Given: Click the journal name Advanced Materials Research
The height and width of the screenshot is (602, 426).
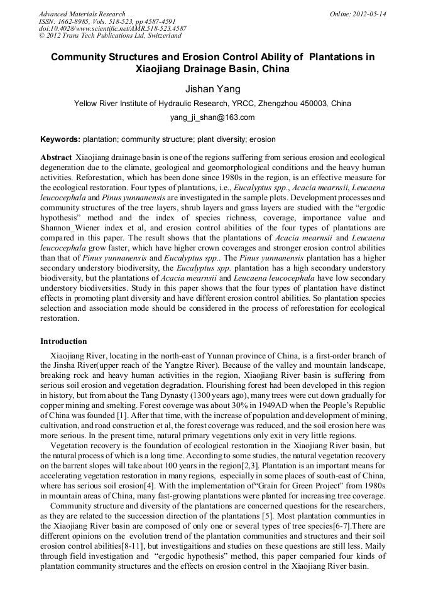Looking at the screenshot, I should coord(82,14).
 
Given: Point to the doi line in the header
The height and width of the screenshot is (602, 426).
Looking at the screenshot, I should coord(112,29).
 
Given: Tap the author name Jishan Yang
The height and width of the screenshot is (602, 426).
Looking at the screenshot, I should coord(212,89).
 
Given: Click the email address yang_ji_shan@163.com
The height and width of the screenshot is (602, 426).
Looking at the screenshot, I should coord(212,117).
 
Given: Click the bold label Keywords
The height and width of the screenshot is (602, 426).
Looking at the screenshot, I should coord(60,139).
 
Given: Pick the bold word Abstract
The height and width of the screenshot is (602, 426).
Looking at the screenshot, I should coord(56,156).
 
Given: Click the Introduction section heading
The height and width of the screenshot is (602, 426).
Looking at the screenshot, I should coord(63,341).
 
